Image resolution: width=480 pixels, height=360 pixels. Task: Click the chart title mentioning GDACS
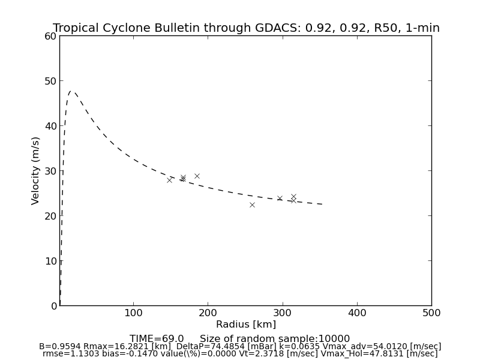click(x=246, y=28)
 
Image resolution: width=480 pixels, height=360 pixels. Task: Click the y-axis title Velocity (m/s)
click(x=36, y=170)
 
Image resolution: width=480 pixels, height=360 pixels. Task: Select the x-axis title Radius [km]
click(x=246, y=325)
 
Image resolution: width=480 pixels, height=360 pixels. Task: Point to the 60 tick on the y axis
click(x=50, y=36)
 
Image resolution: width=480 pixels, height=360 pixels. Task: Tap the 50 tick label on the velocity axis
click(x=50, y=81)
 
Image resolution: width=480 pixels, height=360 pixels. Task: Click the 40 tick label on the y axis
click(x=50, y=126)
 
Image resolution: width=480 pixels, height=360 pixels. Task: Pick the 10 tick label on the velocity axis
click(x=50, y=261)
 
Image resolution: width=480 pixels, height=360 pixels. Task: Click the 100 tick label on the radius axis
click(x=133, y=313)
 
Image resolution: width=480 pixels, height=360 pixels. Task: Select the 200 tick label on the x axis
click(x=208, y=313)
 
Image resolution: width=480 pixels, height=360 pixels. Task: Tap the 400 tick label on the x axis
click(x=357, y=313)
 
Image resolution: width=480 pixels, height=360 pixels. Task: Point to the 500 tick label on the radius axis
click(x=431, y=313)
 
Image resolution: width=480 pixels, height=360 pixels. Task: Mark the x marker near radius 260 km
click(x=252, y=205)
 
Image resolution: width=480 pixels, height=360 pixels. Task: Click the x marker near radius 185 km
click(x=197, y=176)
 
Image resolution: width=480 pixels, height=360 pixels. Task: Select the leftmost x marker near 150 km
click(x=169, y=180)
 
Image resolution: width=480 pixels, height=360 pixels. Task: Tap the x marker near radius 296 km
click(x=280, y=198)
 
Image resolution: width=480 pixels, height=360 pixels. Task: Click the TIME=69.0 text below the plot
click(x=157, y=339)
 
